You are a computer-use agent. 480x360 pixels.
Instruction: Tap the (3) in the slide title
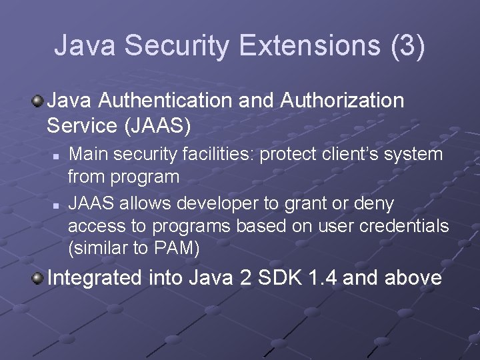[402, 45]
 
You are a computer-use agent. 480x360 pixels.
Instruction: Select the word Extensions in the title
[305, 45]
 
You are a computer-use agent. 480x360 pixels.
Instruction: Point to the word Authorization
[343, 101]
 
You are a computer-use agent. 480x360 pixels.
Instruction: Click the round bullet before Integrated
[39, 277]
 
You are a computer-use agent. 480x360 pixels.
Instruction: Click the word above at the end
[413, 277]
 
